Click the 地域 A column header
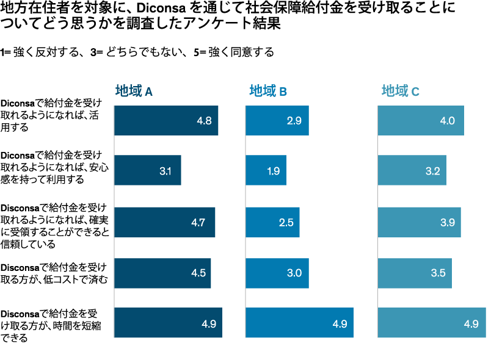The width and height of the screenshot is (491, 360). click(134, 92)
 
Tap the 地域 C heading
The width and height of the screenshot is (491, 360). click(401, 92)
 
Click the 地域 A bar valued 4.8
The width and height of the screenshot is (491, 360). click(165, 121)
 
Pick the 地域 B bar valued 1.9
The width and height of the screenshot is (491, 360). click(266, 171)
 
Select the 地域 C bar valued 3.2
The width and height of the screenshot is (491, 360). click(412, 171)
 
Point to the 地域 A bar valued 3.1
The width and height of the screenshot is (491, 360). click(147, 171)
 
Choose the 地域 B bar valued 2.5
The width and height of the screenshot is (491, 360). click(272, 222)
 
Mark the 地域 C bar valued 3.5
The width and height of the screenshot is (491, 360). click(415, 273)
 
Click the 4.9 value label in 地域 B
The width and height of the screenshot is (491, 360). click(340, 323)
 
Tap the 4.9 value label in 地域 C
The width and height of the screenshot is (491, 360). click(471, 323)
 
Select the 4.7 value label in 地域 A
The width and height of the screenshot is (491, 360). click(197, 223)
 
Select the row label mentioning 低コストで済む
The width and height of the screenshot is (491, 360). click(54, 273)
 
